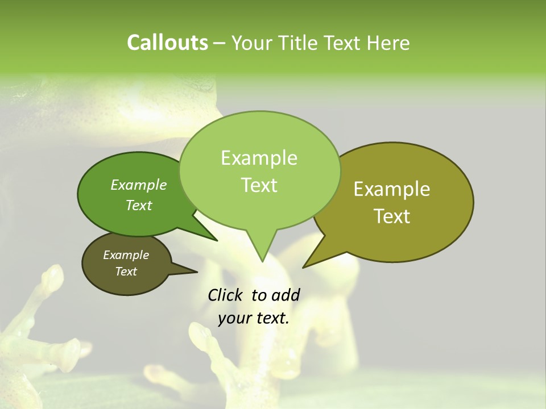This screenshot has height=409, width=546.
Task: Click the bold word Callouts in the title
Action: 167,43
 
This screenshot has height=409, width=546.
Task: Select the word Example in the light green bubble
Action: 259,158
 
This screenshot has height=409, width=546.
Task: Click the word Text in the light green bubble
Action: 259,185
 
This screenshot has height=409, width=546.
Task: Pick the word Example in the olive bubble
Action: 392,189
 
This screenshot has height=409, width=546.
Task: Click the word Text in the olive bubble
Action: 392,216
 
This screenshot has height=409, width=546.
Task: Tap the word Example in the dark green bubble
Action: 139,185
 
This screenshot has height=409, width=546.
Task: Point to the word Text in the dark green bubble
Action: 139,205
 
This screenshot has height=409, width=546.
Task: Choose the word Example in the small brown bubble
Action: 126,255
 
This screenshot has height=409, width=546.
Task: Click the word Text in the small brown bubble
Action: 126,272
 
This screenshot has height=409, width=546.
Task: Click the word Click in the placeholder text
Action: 226,295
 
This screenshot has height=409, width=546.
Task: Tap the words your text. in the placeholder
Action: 254,319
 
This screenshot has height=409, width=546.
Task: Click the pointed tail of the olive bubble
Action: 304,267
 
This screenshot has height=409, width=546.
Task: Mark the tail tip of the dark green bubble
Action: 217,241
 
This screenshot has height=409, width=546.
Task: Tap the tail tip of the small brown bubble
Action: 197,272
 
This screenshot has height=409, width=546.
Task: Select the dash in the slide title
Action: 220,43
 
